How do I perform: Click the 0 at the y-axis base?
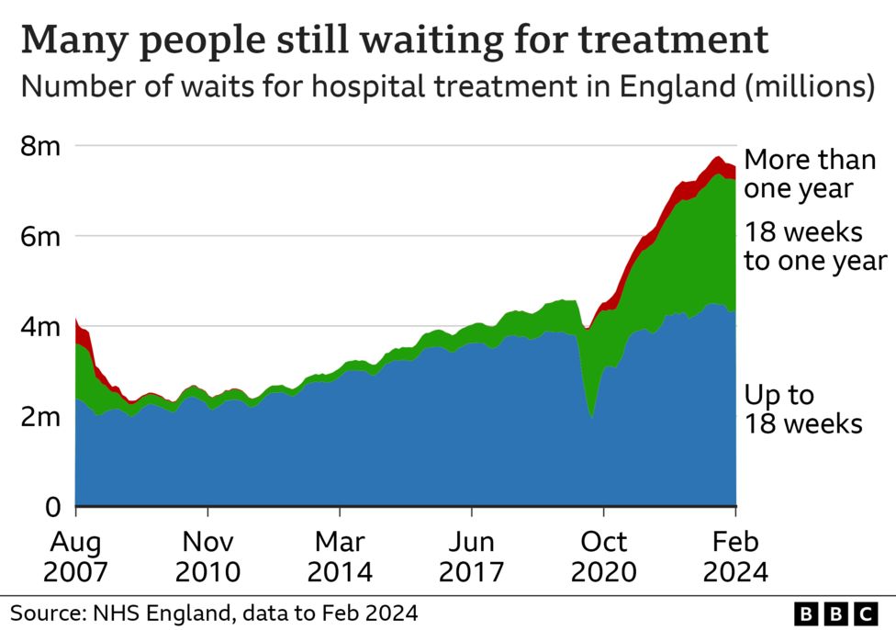54,506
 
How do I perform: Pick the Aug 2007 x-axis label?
75,557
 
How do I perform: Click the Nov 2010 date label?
207,557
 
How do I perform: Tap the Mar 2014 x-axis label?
340,557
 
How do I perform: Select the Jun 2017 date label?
471,557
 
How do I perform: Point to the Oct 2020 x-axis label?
603,557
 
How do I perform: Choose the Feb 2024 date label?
735,557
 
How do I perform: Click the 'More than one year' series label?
809,174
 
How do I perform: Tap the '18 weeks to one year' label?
814,246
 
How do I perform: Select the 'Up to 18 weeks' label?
802,410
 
